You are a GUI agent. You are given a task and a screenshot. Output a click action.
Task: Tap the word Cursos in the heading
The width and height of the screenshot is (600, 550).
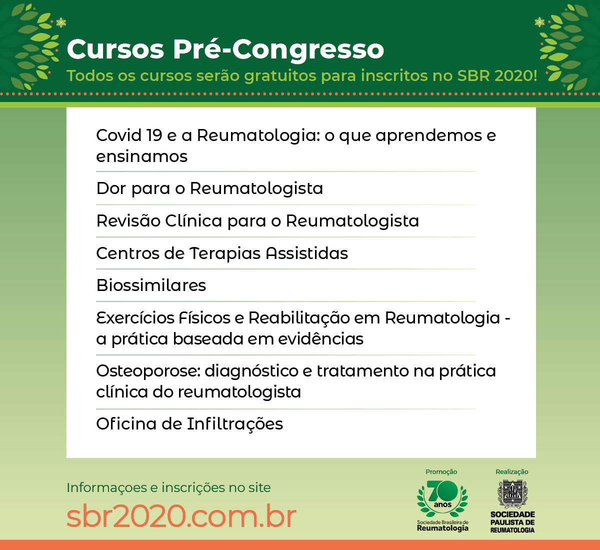tap(115, 49)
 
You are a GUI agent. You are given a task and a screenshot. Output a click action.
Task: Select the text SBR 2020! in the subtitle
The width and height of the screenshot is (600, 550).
tap(497, 75)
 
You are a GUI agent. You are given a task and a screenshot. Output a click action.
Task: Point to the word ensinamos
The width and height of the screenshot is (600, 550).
tap(142, 156)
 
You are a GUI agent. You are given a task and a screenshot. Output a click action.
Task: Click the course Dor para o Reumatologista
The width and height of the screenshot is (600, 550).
tap(209, 189)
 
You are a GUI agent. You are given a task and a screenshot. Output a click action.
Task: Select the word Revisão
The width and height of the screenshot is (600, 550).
tap(128, 220)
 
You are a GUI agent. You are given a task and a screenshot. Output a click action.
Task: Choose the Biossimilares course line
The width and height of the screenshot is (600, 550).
tap(151, 285)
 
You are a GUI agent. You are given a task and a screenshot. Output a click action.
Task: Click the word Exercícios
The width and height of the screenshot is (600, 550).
tap(135, 318)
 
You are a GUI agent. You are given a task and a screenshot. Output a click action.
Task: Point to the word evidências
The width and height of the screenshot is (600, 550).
tap(320, 338)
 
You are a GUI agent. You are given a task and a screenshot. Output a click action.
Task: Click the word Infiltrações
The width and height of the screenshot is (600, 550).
tap(235, 424)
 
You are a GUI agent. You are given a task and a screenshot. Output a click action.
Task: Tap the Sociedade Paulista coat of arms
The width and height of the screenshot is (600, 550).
tap(512, 494)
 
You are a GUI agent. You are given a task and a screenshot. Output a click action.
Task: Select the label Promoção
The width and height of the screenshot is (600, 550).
tap(441, 472)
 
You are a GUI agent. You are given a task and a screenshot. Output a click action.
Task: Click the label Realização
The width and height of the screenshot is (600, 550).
tap(512, 472)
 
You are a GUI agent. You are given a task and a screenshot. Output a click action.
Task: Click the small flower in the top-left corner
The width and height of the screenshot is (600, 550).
tap(61, 22)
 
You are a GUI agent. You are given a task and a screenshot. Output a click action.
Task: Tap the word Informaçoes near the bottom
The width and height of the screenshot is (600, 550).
tap(106, 488)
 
